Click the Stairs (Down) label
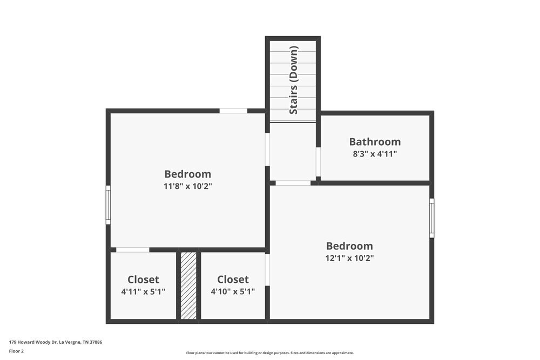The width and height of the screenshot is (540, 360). pyautogui.click(x=294, y=80)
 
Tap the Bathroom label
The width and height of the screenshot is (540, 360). pyautogui.click(x=375, y=142)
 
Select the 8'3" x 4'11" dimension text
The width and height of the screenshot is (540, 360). pyautogui.click(x=375, y=154)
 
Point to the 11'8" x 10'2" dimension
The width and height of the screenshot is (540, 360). pyautogui.click(x=188, y=186)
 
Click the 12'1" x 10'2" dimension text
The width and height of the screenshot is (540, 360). pyautogui.click(x=349, y=258)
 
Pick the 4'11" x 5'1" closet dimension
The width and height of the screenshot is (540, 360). pyautogui.click(x=143, y=291)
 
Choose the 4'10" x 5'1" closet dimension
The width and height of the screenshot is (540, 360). pyautogui.click(x=233, y=291)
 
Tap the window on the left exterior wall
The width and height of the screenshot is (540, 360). pyautogui.click(x=108, y=205)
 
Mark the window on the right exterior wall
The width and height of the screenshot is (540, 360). pyautogui.click(x=431, y=218)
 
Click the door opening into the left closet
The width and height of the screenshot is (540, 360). pyautogui.click(x=133, y=250)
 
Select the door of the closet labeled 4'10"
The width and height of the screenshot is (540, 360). pyautogui.click(x=267, y=270)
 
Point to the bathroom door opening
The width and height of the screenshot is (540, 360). pyautogui.click(x=319, y=162)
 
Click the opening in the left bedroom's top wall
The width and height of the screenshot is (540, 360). pyautogui.click(x=233, y=111)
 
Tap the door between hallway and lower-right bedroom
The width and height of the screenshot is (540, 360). pyautogui.click(x=293, y=183)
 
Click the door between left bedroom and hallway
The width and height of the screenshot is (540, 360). pyautogui.click(x=267, y=150)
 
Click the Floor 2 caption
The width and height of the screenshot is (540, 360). pyautogui.click(x=16, y=351)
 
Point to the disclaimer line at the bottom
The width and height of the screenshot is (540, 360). pyautogui.click(x=270, y=353)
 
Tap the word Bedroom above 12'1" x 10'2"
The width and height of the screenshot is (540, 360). pyautogui.click(x=349, y=246)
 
